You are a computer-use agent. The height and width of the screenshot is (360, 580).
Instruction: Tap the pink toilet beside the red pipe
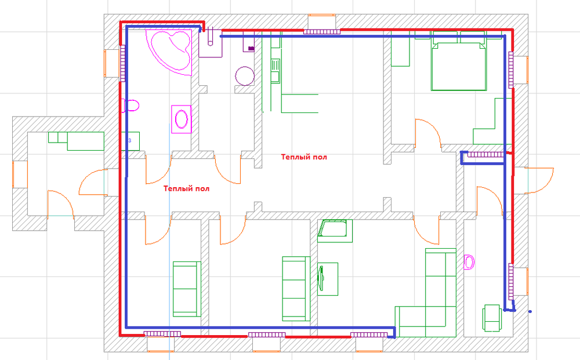(x=130, y=106)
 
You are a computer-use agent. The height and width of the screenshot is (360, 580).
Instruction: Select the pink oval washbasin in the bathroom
(x=181, y=119)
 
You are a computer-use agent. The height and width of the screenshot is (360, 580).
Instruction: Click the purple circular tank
(x=245, y=76)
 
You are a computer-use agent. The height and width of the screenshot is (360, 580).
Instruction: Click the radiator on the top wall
(x=321, y=32)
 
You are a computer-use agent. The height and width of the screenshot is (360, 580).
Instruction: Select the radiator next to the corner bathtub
(x=122, y=63)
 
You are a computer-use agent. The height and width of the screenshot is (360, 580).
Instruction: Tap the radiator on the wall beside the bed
(x=511, y=70)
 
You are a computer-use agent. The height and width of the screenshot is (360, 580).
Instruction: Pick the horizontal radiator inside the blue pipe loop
(x=485, y=155)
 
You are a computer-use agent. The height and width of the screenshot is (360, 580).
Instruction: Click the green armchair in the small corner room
(x=492, y=318)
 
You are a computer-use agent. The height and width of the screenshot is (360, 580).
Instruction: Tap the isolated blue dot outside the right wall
(x=530, y=311)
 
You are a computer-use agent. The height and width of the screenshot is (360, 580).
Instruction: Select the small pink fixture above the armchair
(x=469, y=262)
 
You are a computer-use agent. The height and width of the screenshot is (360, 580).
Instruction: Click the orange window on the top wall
(x=322, y=15)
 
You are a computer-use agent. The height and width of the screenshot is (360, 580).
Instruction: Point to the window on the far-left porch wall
(x=15, y=174)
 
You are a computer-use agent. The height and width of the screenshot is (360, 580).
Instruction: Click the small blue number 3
(x=129, y=140)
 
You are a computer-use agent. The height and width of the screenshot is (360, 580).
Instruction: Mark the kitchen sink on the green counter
(x=275, y=71)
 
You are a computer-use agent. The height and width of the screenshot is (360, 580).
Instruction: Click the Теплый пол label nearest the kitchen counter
(x=304, y=157)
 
